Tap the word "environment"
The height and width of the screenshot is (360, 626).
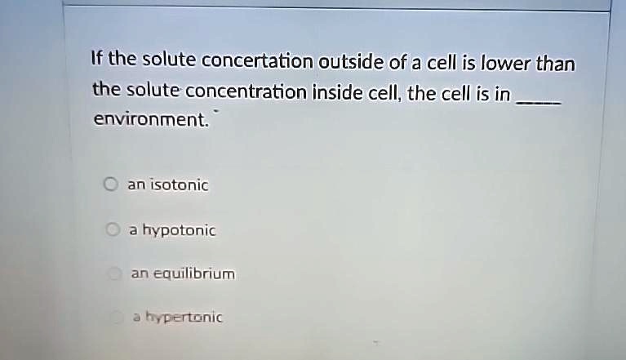tap(150, 121)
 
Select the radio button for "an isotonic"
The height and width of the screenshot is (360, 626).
tap(109, 184)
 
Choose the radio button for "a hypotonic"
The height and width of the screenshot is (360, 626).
tap(115, 230)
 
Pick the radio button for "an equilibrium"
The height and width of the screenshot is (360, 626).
tap(117, 273)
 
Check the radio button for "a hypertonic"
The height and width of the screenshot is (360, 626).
tap(119, 317)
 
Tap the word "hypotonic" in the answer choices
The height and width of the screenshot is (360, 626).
tap(179, 231)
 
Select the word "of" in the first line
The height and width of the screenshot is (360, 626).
tap(411, 62)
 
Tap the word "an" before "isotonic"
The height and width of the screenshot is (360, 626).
tap(135, 185)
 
